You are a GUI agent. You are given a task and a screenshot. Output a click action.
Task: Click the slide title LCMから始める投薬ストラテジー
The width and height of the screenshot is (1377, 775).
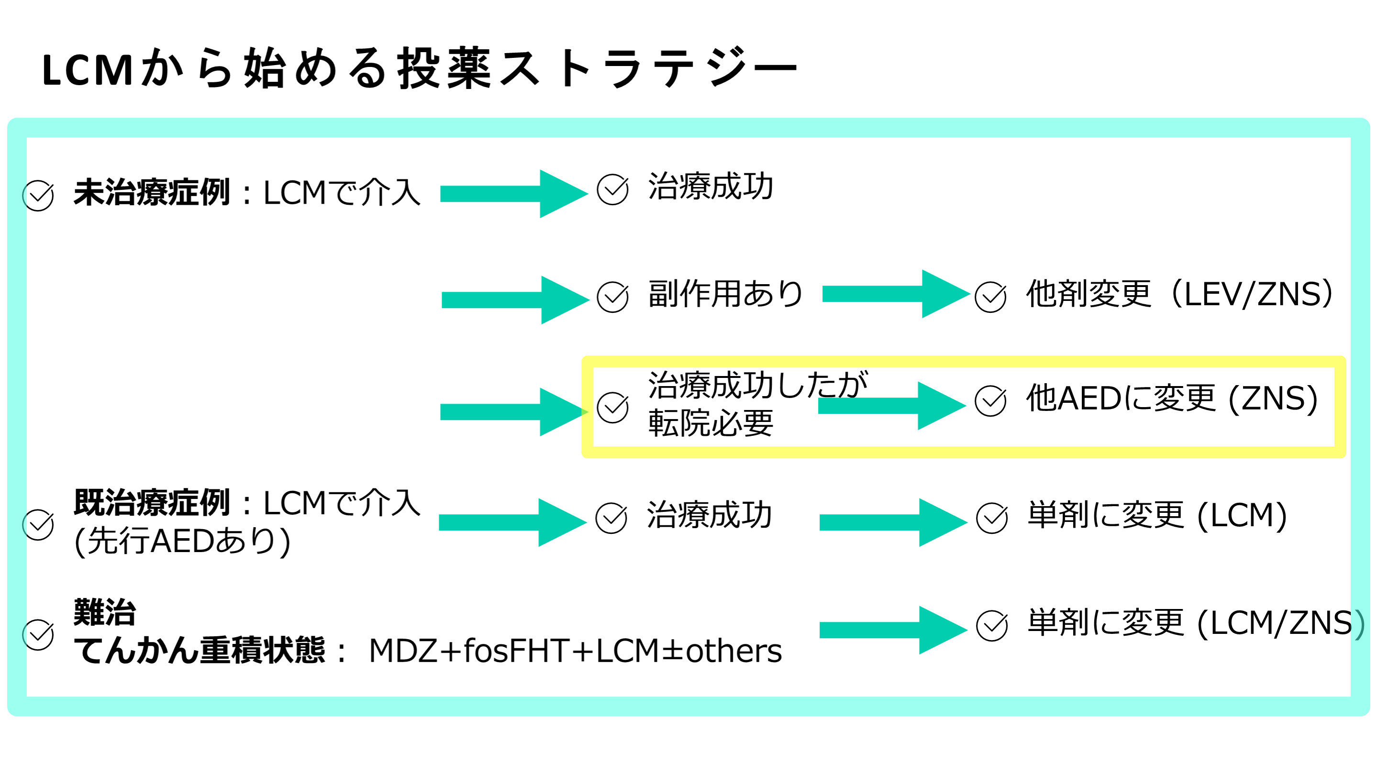[x=419, y=68]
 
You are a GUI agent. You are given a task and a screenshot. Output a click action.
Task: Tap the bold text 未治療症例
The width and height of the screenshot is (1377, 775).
[x=152, y=192]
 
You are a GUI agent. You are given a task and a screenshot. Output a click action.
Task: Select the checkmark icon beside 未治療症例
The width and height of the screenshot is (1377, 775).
[x=38, y=196]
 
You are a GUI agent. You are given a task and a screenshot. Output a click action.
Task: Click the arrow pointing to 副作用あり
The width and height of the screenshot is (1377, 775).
[x=514, y=300]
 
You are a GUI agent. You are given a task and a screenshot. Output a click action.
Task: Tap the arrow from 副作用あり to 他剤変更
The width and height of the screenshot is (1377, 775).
[x=895, y=294]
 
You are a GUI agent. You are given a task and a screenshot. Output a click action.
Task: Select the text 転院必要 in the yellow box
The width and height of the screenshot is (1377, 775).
[x=711, y=423]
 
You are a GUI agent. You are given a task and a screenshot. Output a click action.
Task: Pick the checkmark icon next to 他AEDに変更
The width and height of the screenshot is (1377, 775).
[x=990, y=401]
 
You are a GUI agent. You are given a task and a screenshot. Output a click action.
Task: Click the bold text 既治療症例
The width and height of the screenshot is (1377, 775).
[x=152, y=503]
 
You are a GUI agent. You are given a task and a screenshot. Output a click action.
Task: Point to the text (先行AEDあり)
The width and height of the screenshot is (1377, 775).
[x=182, y=542]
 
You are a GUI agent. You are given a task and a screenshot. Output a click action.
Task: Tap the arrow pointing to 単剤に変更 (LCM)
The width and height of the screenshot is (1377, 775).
[x=893, y=522]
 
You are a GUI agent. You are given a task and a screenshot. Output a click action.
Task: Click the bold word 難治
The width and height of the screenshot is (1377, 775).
[x=105, y=612]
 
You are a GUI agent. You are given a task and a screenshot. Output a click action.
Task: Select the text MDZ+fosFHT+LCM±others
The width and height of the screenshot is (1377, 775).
[x=575, y=651]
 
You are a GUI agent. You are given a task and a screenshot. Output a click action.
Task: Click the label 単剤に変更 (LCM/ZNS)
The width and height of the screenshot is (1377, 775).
[x=1195, y=623]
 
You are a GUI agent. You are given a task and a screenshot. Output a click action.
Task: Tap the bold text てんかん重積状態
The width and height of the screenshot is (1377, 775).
[x=199, y=651]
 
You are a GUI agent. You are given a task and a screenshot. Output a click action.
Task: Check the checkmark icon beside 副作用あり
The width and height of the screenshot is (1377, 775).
[x=612, y=297]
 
